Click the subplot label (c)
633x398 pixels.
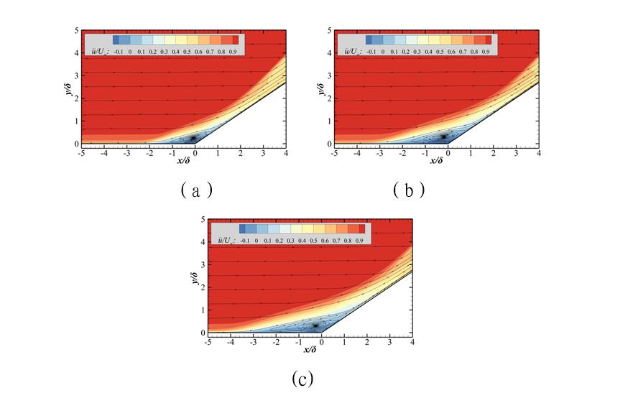(x=302, y=377)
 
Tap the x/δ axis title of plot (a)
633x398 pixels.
(x=184, y=159)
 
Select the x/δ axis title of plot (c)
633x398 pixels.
(x=310, y=349)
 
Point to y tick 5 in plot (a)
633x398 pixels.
(x=76, y=30)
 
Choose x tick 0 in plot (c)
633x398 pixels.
(x=321, y=342)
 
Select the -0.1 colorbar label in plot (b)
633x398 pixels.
(x=371, y=52)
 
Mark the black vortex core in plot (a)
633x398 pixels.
(x=193, y=138)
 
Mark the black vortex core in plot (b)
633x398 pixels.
(x=444, y=136)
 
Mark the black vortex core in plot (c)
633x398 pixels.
(x=315, y=325)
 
